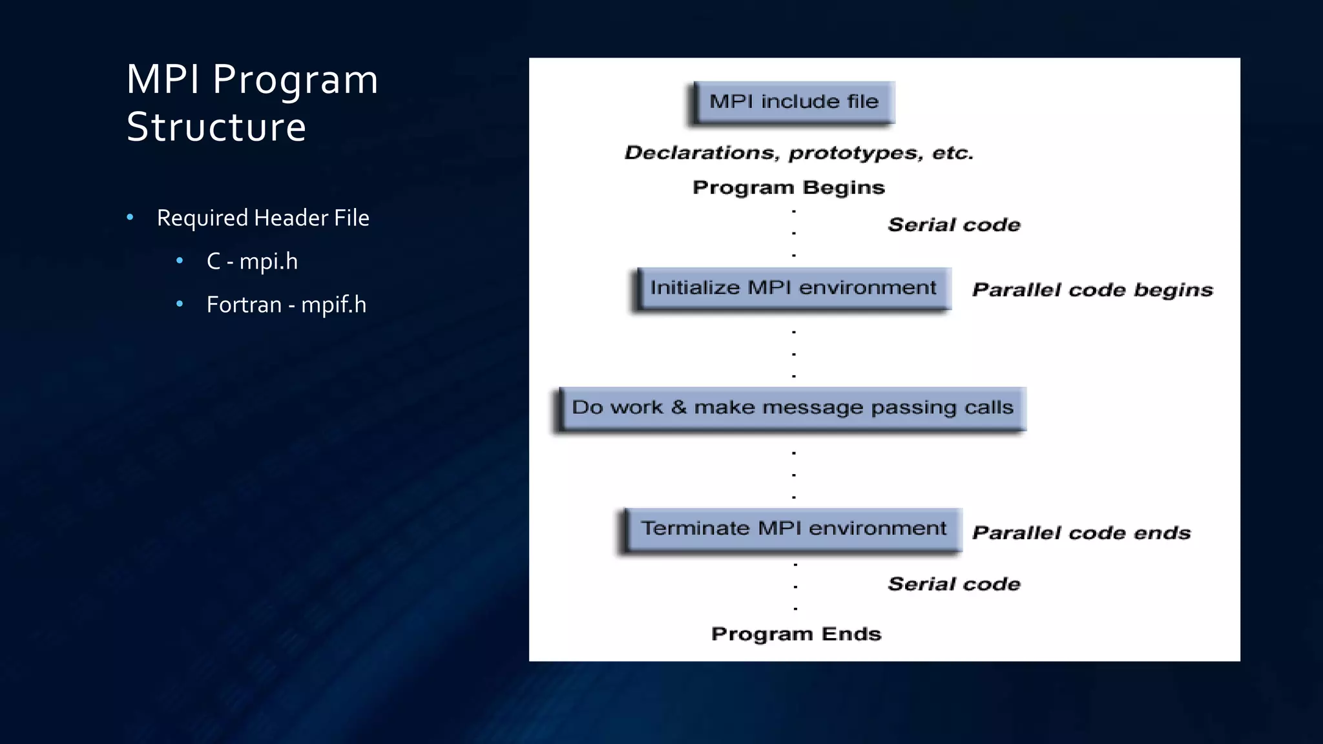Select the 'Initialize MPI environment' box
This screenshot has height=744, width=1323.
793,288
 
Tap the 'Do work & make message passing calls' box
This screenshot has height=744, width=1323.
792,408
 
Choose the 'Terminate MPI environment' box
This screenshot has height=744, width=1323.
793,529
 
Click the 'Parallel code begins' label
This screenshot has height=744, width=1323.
1092,290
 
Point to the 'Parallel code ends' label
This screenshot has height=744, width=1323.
1081,533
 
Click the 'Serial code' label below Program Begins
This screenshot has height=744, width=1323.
954,225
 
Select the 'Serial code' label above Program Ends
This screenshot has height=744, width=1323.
954,584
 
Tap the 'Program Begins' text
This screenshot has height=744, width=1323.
788,187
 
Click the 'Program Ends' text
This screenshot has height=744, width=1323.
796,634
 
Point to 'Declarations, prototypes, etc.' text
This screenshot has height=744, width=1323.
798,153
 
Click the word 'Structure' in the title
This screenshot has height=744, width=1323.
216,127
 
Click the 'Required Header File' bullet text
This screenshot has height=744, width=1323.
263,218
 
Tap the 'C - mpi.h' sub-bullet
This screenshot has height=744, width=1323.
252,262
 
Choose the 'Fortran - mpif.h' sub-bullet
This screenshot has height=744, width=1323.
286,305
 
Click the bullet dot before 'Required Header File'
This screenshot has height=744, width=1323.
130,218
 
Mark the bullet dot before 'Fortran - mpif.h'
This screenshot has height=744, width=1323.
180,304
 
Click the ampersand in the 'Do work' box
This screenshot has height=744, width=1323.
678,408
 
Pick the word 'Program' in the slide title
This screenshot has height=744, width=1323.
295,81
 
